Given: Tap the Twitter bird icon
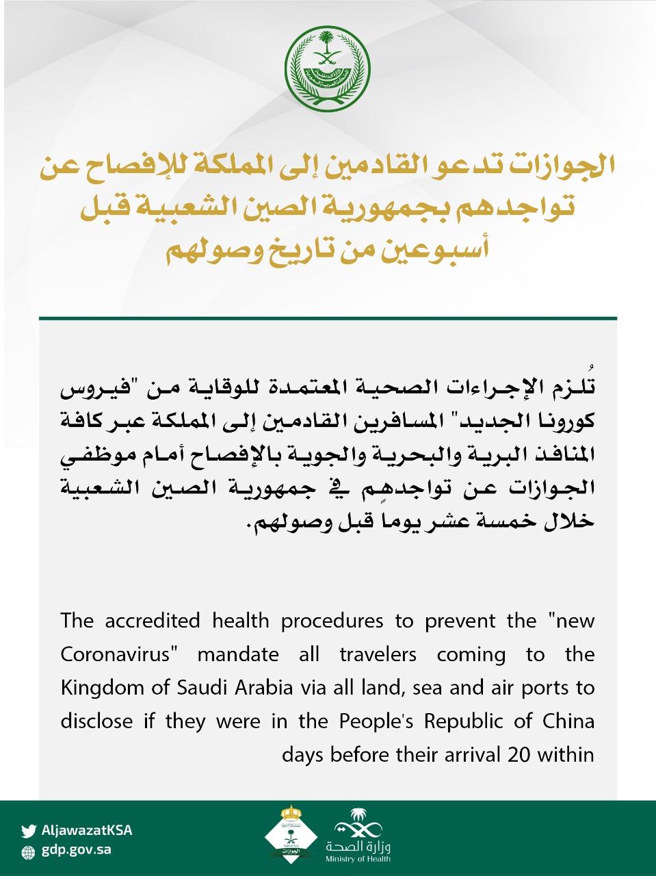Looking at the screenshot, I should click(x=28, y=832).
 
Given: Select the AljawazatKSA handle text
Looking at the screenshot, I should click(x=87, y=831).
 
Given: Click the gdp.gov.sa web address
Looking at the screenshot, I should click(x=76, y=851).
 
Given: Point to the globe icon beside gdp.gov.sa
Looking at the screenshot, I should click(x=28, y=852).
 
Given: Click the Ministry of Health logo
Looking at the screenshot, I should click(x=358, y=836).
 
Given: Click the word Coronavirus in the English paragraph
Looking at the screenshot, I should click(x=115, y=654).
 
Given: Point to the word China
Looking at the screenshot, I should click(x=568, y=721).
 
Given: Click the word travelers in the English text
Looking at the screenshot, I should click(x=378, y=654).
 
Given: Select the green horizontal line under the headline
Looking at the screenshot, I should click(x=328, y=318).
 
